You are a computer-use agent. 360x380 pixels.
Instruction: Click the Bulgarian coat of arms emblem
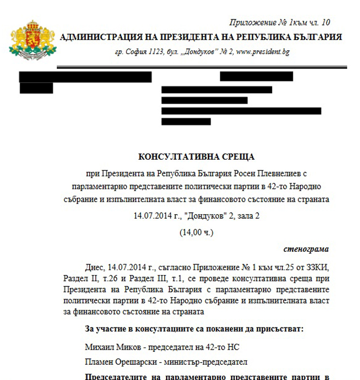32,38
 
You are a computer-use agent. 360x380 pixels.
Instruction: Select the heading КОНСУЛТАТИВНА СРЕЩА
197,157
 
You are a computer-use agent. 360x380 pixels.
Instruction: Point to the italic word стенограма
306,250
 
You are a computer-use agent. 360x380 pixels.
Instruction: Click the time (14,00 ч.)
197,233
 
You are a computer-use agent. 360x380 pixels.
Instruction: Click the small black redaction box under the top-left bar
36,88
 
